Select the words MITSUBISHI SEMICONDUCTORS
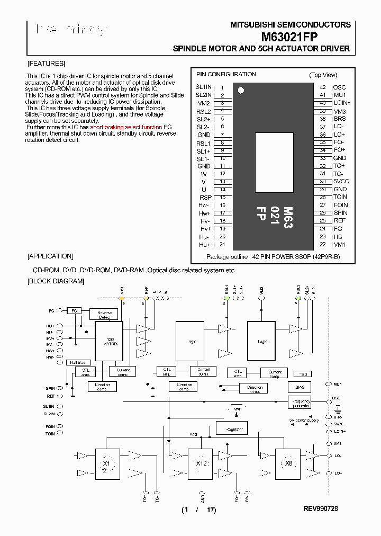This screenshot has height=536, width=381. (291, 24)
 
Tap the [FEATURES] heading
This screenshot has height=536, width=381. (46, 63)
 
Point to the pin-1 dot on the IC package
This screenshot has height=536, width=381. (241, 90)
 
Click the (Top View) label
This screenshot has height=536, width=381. (323, 75)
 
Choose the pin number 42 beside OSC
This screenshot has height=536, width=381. (323, 87)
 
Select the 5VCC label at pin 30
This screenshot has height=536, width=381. (341, 181)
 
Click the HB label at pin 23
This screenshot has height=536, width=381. (338, 236)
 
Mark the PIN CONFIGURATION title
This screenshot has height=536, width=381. (226, 74)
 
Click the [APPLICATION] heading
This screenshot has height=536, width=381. (50, 256)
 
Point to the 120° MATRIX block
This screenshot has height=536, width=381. (110, 341)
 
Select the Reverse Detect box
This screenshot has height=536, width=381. (104, 314)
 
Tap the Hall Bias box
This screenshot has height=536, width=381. (78, 362)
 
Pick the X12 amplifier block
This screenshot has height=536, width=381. (201, 463)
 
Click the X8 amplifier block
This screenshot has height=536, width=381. (288, 463)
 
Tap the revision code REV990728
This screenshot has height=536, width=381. (320, 508)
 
